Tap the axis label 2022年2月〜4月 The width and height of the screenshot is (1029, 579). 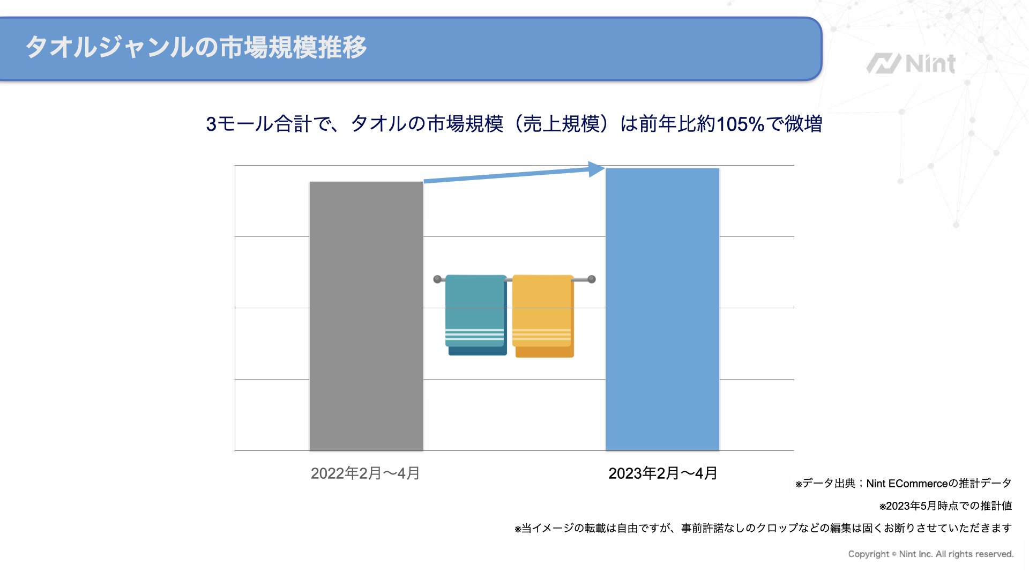tap(365, 473)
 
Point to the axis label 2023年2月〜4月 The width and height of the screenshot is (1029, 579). tap(662, 473)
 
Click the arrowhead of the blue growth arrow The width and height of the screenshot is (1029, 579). tap(596, 169)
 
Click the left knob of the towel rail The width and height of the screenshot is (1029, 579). tap(437, 279)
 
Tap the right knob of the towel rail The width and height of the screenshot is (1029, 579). tap(592, 279)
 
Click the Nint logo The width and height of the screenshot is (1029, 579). tap(911, 64)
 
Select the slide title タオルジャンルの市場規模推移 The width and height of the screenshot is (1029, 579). tap(196, 47)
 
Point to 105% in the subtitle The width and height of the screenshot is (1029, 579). tap(740, 124)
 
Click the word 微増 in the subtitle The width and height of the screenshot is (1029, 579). tap(803, 124)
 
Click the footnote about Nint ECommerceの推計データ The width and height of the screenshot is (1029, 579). tap(904, 484)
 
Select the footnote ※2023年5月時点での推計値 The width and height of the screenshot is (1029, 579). tap(945, 506)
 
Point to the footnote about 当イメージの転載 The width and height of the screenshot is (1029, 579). tap(763, 529)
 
